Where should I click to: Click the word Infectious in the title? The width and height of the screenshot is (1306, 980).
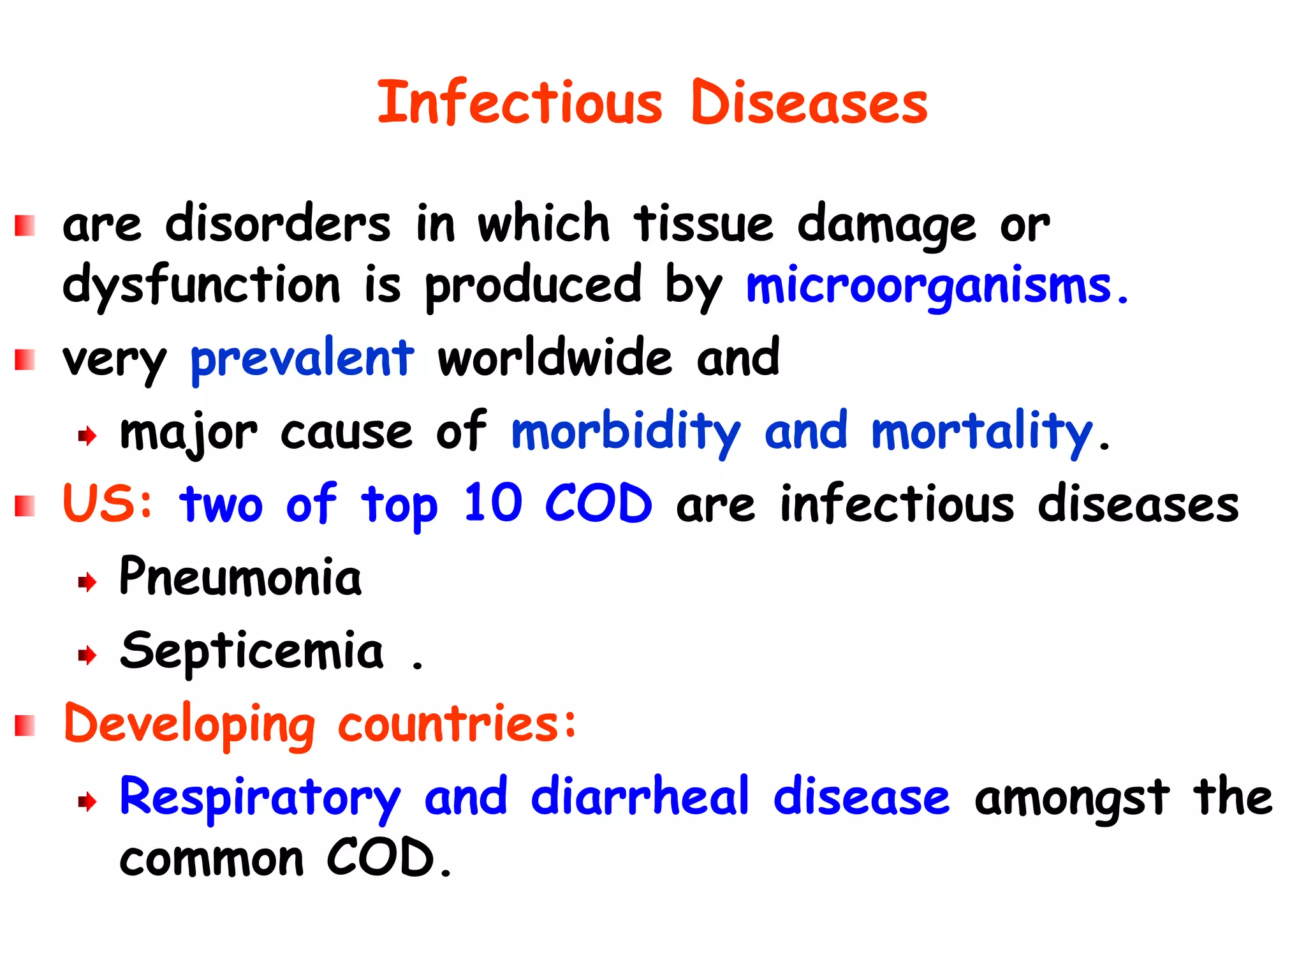(x=520, y=103)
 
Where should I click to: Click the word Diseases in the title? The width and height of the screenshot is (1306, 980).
(x=809, y=103)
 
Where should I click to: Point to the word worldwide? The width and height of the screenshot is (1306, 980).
(x=555, y=357)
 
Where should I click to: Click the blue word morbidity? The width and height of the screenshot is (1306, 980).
(x=626, y=433)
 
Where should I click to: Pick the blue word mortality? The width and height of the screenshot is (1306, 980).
(x=981, y=433)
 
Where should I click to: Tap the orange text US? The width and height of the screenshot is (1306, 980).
(x=108, y=503)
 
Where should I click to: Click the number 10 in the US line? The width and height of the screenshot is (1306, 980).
(x=493, y=503)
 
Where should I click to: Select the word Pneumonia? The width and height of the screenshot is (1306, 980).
(x=240, y=577)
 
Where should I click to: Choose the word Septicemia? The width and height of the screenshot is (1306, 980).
(x=252, y=651)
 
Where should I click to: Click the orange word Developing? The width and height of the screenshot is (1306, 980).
(x=189, y=725)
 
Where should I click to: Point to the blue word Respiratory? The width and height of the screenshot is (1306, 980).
(x=260, y=798)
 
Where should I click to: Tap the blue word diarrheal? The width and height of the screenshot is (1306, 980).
(x=640, y=797)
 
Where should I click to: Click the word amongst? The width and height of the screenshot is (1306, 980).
(x=1071, y=798)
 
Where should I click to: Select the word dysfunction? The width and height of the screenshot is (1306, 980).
(x=202, y=286)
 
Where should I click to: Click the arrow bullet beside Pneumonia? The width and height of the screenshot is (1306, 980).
(x=87, y=582)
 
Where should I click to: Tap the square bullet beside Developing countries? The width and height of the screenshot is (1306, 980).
(x=25, y=726)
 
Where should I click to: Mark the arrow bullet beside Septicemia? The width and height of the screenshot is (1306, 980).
(x=87, y=655)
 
